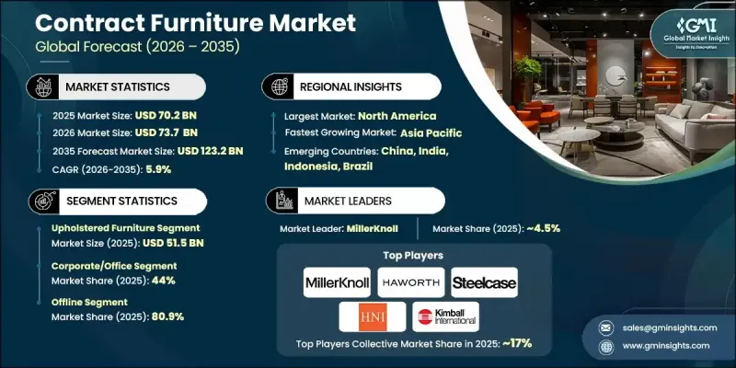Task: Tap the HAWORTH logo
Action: point(410,282)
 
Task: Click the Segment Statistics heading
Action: point(121,200)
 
